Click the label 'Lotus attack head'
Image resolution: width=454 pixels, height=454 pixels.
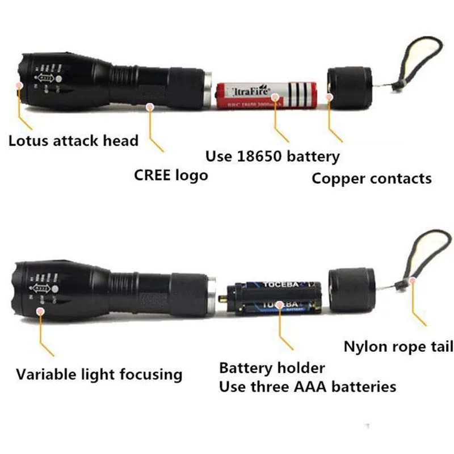(x=73, y=140)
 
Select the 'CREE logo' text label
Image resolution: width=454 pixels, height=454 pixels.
(x=171, y=175)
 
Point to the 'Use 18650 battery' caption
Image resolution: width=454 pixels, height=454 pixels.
(x=272, y=156)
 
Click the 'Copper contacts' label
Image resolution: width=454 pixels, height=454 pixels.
(x=372, y=178)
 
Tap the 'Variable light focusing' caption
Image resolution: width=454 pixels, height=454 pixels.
(x=99, y=374)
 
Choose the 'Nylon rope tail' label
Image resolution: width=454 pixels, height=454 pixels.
(x=398, y=346)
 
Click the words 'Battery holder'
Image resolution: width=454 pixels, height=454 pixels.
(x=272, y=368)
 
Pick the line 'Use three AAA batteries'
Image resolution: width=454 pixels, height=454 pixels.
(x=308, y=387)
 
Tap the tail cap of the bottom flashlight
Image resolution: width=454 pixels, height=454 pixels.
(x=352, y=291)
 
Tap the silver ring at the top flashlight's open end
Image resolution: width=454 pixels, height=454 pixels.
(x=208, y=90)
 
